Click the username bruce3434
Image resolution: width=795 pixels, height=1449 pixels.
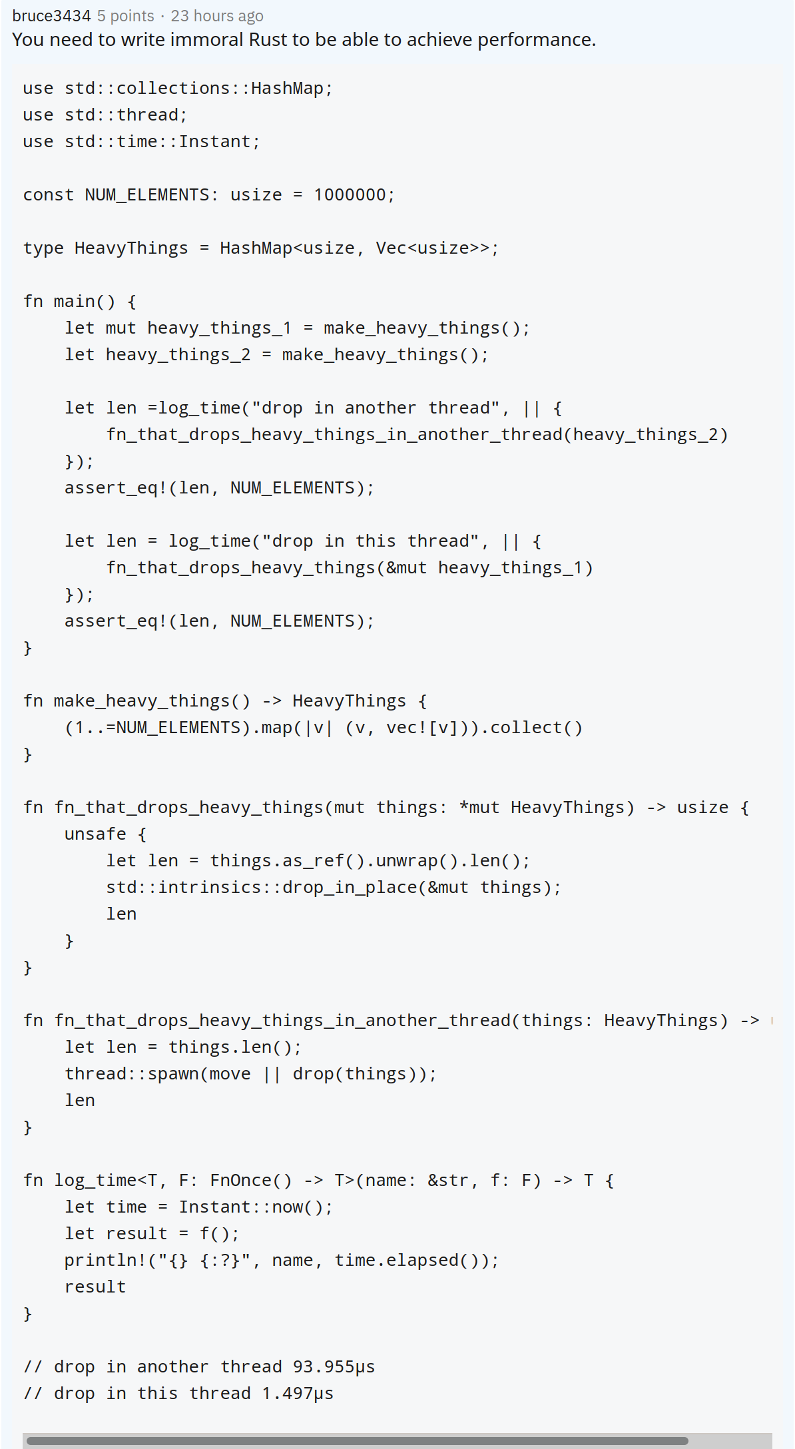(51, 15)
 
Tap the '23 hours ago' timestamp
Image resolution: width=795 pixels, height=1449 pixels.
(217, 15)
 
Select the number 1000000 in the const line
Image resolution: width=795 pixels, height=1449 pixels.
(350, 194)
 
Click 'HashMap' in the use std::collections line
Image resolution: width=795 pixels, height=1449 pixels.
(287, 88)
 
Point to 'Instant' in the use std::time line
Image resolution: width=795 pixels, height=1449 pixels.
(214, 141)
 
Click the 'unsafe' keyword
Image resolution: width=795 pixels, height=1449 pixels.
(95, 834)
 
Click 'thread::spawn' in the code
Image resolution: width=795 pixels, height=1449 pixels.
(132, 1073)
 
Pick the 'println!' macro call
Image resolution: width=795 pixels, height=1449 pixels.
(105, 1260)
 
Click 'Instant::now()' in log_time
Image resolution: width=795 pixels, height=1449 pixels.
(251, 1207)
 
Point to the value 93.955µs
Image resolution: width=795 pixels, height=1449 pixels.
(334, 1366)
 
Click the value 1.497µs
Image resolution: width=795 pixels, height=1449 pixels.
(298, 1393)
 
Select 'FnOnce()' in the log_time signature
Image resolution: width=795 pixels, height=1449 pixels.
(251, 1180)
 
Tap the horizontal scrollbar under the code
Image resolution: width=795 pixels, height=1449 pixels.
(357, 1441)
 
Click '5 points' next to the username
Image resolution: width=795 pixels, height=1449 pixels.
(126, 15)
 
